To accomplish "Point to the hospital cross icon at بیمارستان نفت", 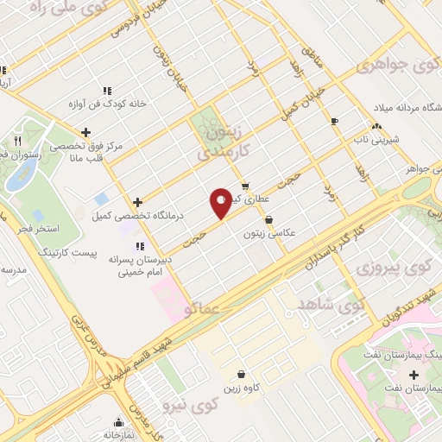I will click(415, 375).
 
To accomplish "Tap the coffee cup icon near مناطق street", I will click(335, 121).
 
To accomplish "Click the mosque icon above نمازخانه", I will click(119, 422).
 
